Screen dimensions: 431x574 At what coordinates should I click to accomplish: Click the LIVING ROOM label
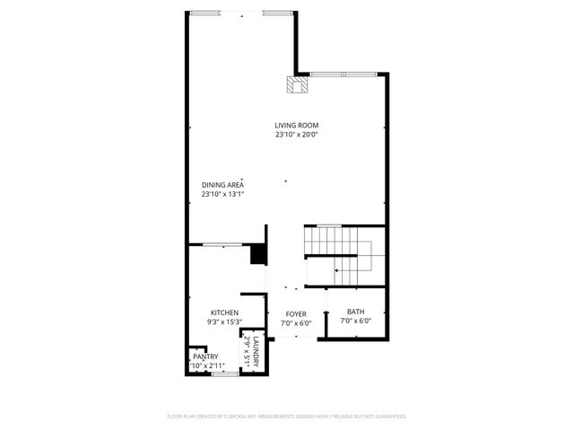297,125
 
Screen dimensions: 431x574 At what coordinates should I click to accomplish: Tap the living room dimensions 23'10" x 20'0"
297,135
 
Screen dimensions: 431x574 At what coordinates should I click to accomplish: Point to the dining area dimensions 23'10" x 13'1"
222,194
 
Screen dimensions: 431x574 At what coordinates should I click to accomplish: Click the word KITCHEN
223,312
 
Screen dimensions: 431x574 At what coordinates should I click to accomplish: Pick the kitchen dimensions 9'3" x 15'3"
223,321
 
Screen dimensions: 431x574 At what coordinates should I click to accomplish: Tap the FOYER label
296,313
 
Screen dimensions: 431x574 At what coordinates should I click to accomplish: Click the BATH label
355,312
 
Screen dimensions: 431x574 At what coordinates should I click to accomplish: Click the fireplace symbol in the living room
297,84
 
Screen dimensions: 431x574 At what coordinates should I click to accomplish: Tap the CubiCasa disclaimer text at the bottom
287,417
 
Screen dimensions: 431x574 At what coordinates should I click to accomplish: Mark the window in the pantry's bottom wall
225,373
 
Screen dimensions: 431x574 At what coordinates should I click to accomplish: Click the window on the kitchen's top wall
221,244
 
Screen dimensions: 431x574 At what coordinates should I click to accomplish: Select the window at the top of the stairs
329,224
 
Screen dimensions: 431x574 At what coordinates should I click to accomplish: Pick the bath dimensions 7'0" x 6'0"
355,321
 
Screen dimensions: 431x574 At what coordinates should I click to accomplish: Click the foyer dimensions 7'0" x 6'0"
296,322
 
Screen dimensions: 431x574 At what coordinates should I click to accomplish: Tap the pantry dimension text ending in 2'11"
204,365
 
